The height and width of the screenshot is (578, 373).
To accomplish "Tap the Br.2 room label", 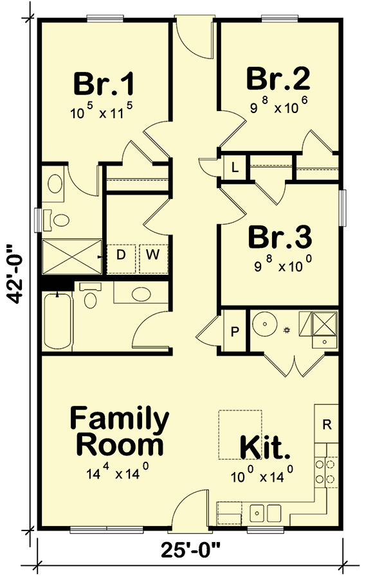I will click(x=278, y=78).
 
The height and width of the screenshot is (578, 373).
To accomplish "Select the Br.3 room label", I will click(x=280, y=237).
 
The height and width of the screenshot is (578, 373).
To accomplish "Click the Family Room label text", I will click(x=120, y=431).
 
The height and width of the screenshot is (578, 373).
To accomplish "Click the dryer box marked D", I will click(x=120, y=254).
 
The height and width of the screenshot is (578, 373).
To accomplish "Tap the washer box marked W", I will click(x=152, y=254).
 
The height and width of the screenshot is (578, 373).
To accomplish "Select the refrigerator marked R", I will click(x=326, y=424).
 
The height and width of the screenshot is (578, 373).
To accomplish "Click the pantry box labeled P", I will click(x=235, y=332).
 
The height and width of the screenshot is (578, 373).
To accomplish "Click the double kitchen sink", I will click(x=265, y=512).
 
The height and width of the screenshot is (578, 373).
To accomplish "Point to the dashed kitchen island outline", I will click(x=239, y=434).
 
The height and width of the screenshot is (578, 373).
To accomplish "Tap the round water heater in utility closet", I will click(x=264, y=324).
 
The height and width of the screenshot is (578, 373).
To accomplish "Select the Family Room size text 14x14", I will click(x=118, y=474).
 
